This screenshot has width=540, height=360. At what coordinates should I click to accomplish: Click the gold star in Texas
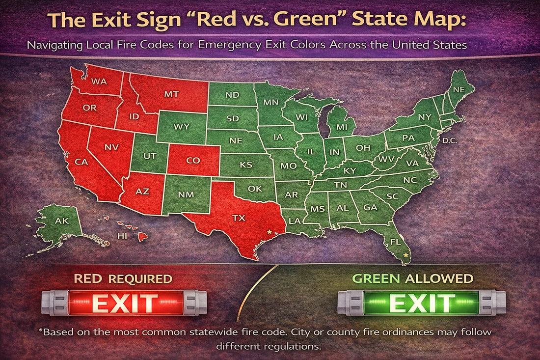point(268,231)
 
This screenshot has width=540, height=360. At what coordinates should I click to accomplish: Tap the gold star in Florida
point(405,255)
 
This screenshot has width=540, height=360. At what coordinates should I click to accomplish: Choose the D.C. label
point(450,141)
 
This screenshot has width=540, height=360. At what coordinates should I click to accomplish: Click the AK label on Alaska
point(62,221)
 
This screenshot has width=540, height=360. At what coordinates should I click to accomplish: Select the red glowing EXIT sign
point(125,303)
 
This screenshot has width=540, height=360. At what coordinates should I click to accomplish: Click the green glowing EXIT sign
point(422,303)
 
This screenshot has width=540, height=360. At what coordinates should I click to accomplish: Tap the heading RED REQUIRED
point(123,279)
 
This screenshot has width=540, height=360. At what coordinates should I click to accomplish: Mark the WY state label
point(181,127)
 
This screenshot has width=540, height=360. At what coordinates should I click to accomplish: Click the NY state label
point(424,117)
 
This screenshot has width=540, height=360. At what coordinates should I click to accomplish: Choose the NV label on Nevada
point(111,147)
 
